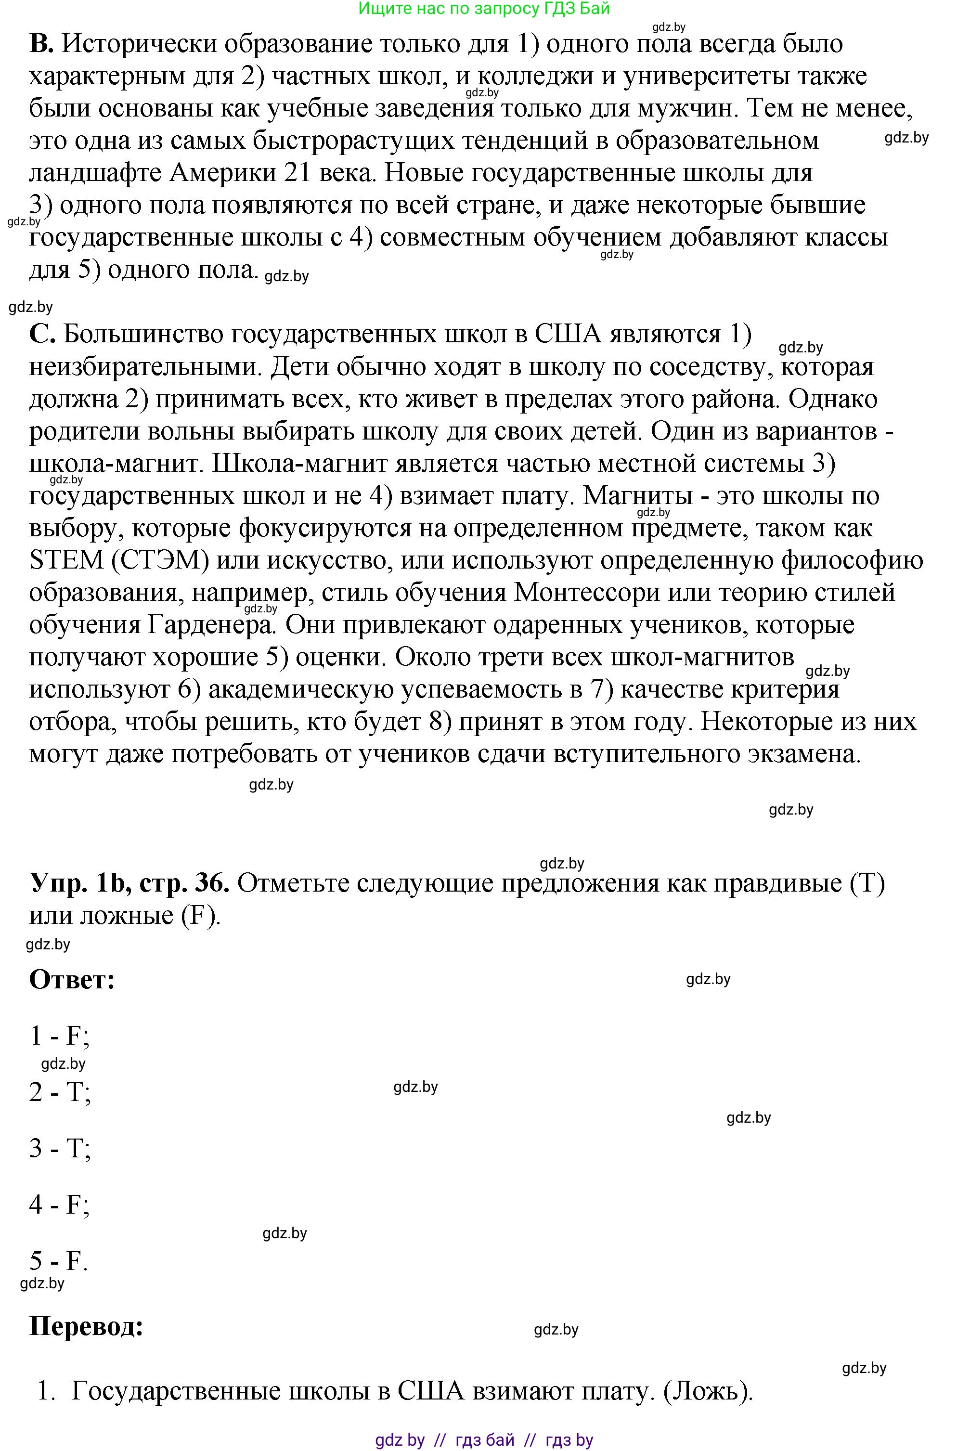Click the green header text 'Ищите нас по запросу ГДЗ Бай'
point(484,8)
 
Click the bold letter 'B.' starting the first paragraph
point(41,44)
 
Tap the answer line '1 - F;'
point(59,1036)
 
